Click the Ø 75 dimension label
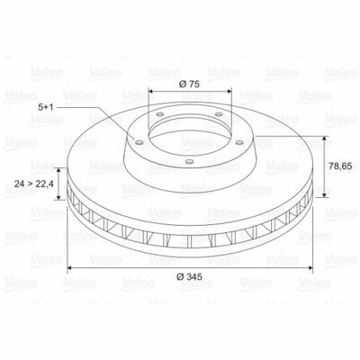(x=189, y=84)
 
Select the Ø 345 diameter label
(x=189, y=276)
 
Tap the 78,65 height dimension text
(x=340, y=166)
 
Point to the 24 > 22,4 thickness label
(x=34, y=184)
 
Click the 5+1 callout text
(x=46, y=107)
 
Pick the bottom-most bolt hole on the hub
(x=189, y=162)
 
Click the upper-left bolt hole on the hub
(x=160, y=114)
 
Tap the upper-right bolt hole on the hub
(x=220, y=114)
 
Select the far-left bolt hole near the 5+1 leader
(x=139, y=142)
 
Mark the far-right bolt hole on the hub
(x=239, y=142)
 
